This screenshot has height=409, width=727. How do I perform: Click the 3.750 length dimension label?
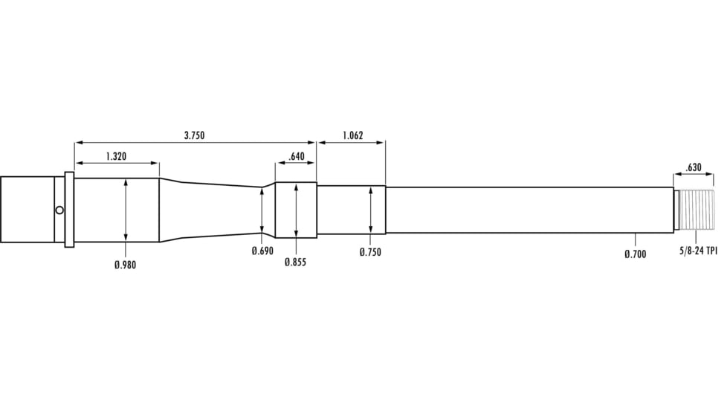coord(194,135)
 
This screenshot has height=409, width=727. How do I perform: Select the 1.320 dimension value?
coord(115,156)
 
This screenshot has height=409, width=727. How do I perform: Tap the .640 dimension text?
coord(296,156)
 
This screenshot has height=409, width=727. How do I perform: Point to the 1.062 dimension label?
coord(353,135)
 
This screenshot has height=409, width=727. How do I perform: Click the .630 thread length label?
coord(694,167)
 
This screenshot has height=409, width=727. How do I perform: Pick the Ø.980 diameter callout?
coord(125,265)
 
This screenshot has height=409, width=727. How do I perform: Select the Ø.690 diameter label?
coord(262,251)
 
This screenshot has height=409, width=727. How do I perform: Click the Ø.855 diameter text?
coord(295,263)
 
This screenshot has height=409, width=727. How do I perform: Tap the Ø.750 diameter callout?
coord(370,253)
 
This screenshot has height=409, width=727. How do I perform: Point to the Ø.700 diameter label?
coord(635,254)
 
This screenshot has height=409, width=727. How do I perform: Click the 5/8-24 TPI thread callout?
coord(697,251)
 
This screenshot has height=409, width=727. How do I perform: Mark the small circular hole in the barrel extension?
coord(59,210)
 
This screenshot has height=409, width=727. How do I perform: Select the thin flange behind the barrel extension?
coord(69,210)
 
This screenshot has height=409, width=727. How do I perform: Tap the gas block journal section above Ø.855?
coord(296,210)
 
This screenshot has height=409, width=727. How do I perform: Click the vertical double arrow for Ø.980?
coord(126,210)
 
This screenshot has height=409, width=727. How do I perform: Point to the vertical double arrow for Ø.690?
coord(262,210)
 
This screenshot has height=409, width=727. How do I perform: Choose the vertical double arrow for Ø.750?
coord(370,210)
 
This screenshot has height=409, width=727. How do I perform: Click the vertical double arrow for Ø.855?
coord(296,210)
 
